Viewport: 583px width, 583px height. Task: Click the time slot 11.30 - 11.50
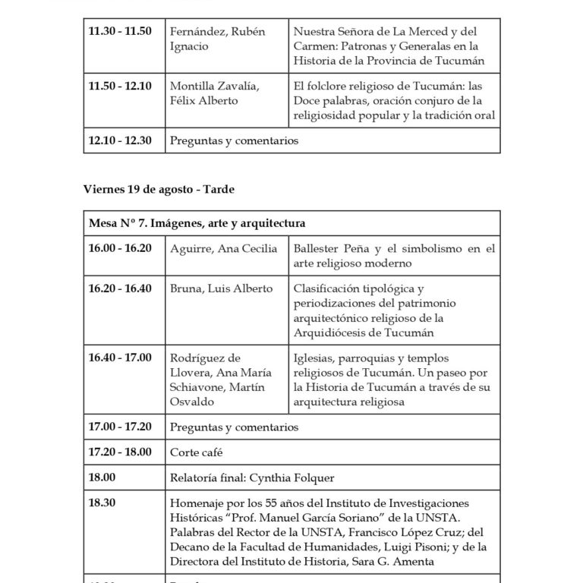(120, 31)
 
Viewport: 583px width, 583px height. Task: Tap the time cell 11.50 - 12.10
(120, 86)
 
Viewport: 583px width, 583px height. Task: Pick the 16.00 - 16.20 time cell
(120, 248)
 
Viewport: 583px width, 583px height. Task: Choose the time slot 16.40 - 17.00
(120, 358)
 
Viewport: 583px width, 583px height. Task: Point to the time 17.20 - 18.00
(120, 452)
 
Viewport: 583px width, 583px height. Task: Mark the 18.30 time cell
(102, 503)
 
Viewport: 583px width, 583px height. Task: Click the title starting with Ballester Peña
(393, 256)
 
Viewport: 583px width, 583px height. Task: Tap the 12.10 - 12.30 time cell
(120, 140)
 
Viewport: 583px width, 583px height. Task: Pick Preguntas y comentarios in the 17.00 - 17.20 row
(235, 427)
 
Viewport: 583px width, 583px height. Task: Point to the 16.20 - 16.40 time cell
(120, 289)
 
